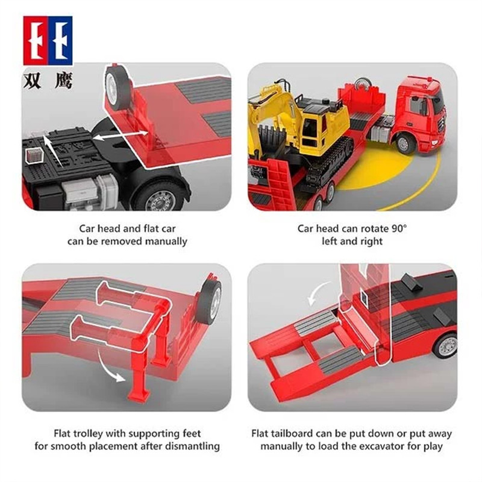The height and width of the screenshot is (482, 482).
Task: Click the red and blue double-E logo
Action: point(48,40)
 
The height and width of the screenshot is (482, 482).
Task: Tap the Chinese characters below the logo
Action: point(48,81)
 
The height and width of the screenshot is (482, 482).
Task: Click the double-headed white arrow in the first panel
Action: point(120,135)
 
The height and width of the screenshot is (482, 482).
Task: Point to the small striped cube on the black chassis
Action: point(34,155)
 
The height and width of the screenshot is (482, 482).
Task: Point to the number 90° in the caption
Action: point(399,229)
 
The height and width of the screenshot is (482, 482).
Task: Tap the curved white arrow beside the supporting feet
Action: point(110,368)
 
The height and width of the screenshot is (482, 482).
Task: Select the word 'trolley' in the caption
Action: point(89,434)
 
